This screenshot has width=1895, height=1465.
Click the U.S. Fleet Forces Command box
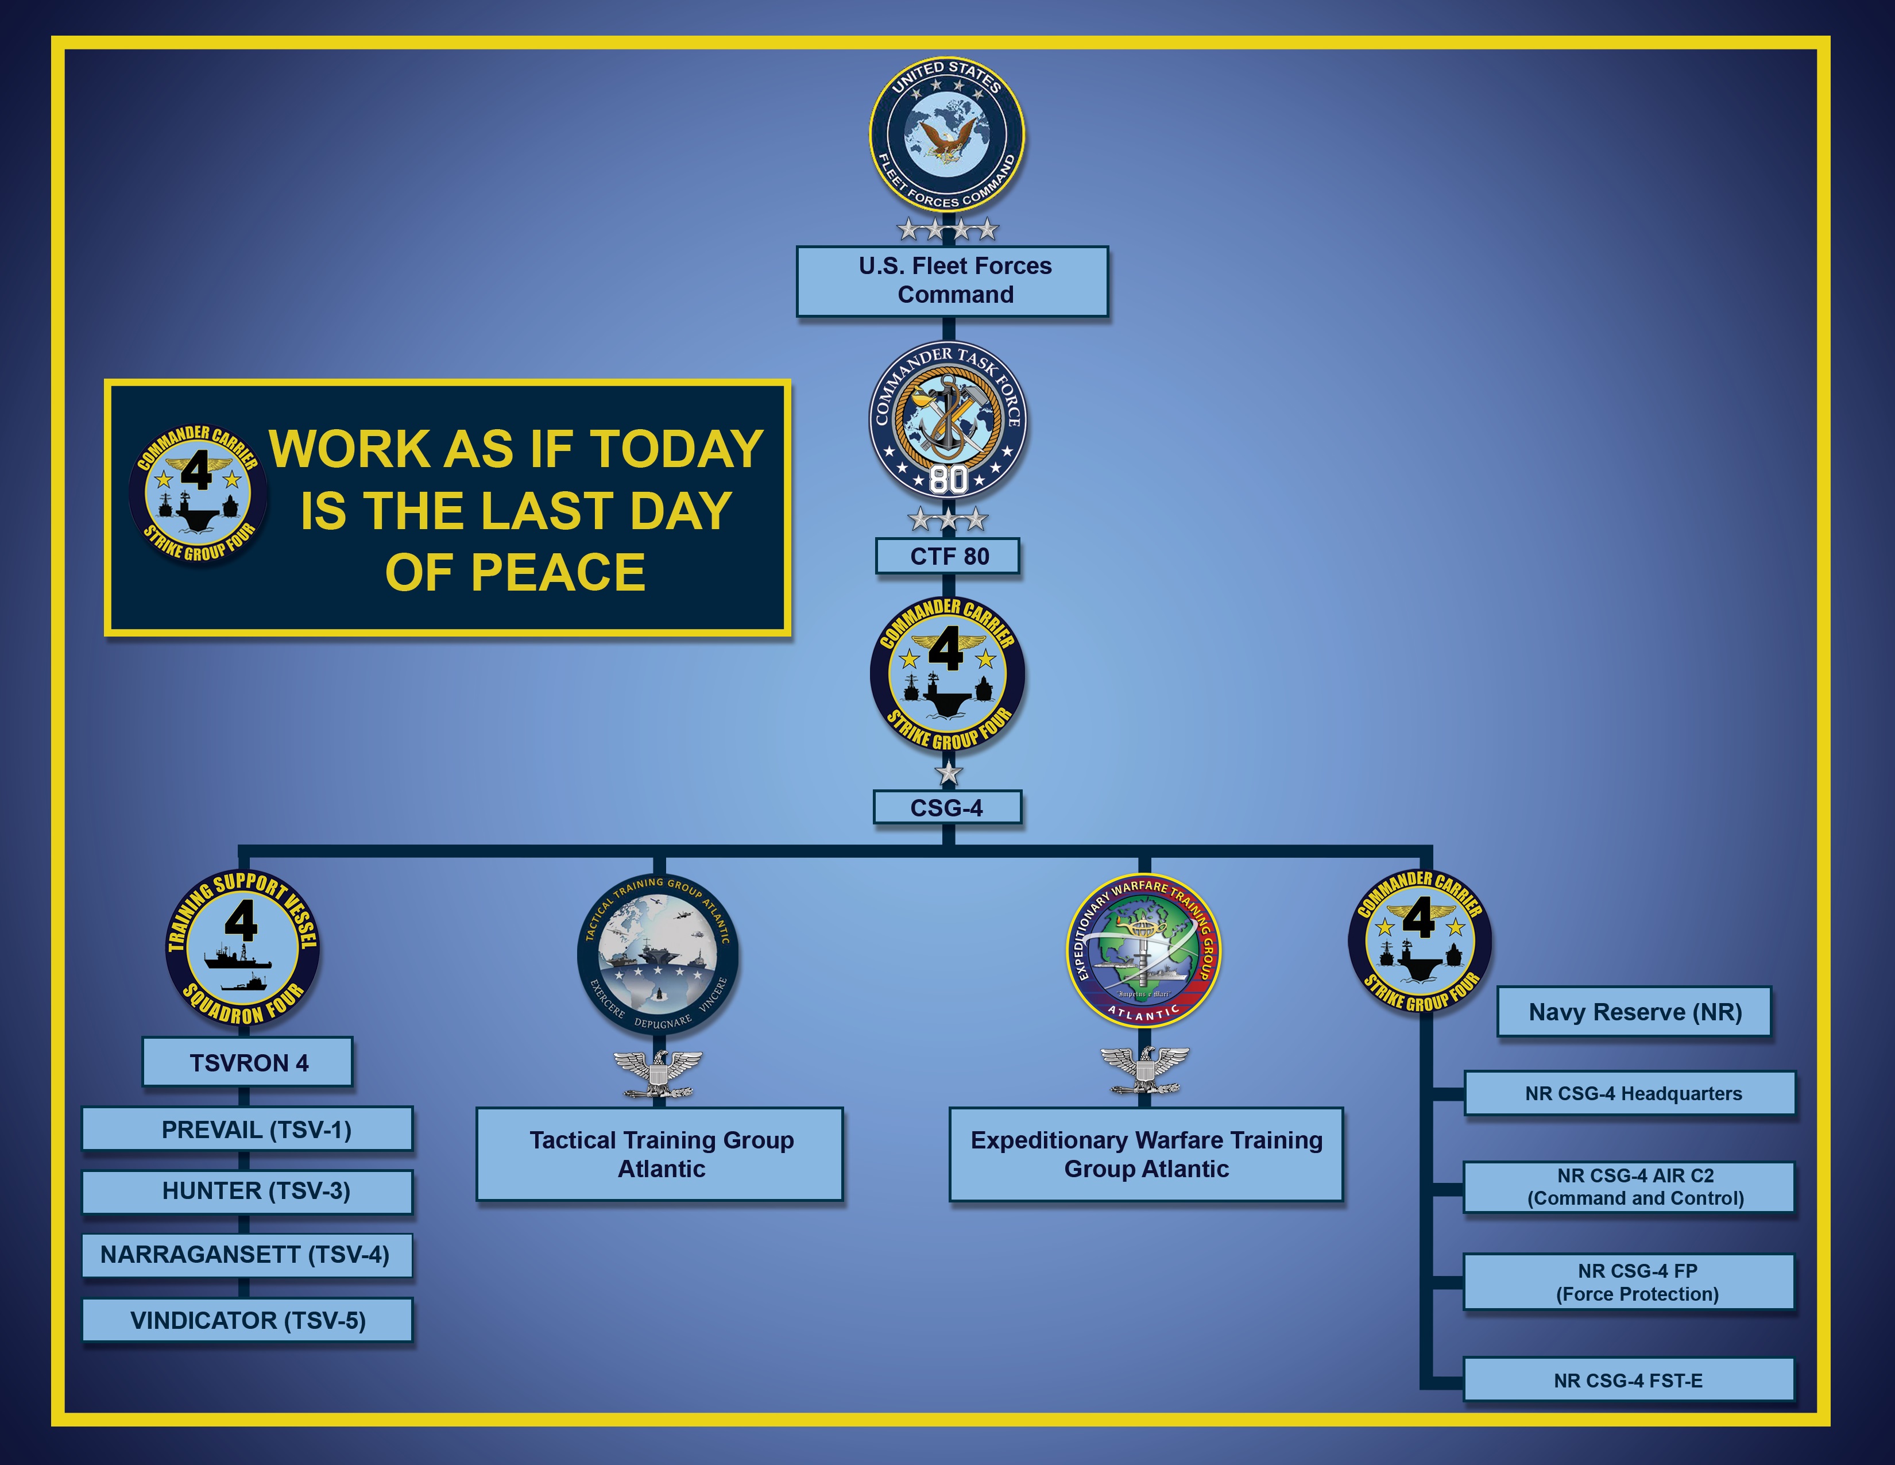pyautogui.click(x=952, y=281)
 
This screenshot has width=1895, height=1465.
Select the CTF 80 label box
pyautogui.click(x=947, y=556)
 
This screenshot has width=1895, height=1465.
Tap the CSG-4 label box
pyautogui.click(x=946, y=807)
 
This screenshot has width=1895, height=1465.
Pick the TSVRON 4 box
pyautogui.click(x=247, y=1062)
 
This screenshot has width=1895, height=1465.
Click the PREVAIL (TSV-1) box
pyautogui.click(x=247, y=1129)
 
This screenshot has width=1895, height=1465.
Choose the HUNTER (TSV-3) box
pyautogui.click(x=247, y=1192)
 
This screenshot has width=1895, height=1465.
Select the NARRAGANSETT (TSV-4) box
pyautogui.click(x=247, y=1255)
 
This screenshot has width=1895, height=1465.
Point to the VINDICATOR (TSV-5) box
pyautogui.click(x=247, y=1320)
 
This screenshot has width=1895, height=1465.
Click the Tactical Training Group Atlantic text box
pyautogui.click(x=659, y=1154)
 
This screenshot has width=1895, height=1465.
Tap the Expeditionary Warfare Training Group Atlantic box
pyautogui.click(x=1146, y=1154)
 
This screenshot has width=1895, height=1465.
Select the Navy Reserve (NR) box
pyautogui.click(x=1634, y=1011)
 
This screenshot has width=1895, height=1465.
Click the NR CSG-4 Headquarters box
pyautogui.click(x=1630, y=1093)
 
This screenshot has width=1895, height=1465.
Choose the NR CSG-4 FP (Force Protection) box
pyautogui.click(x=1630, y=1282)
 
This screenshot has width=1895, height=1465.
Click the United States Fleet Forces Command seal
pyautogui.click(x=947, y=134)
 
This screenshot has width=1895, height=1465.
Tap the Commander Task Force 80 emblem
pyautogui.click(x=947, y=420)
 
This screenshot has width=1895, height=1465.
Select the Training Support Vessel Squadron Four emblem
pyautogui.click(x=242, y=947)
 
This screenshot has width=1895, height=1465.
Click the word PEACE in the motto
pyautogui.click(x=558, y=572)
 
